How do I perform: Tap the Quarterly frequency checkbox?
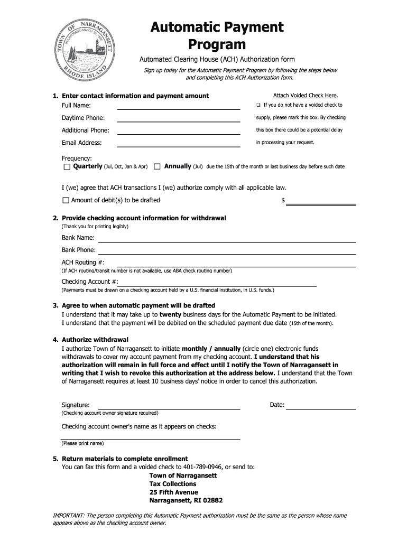tap(67, 167)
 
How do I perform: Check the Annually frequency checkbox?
tap(157, 167)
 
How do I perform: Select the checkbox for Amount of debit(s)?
tap(66, 200)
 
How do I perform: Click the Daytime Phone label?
tap(83, 118)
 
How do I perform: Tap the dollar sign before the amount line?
tap(283, 201)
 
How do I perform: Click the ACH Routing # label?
tap(83, 263)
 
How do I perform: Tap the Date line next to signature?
tap(321, 408)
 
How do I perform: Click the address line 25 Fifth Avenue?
tap(173, 492)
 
